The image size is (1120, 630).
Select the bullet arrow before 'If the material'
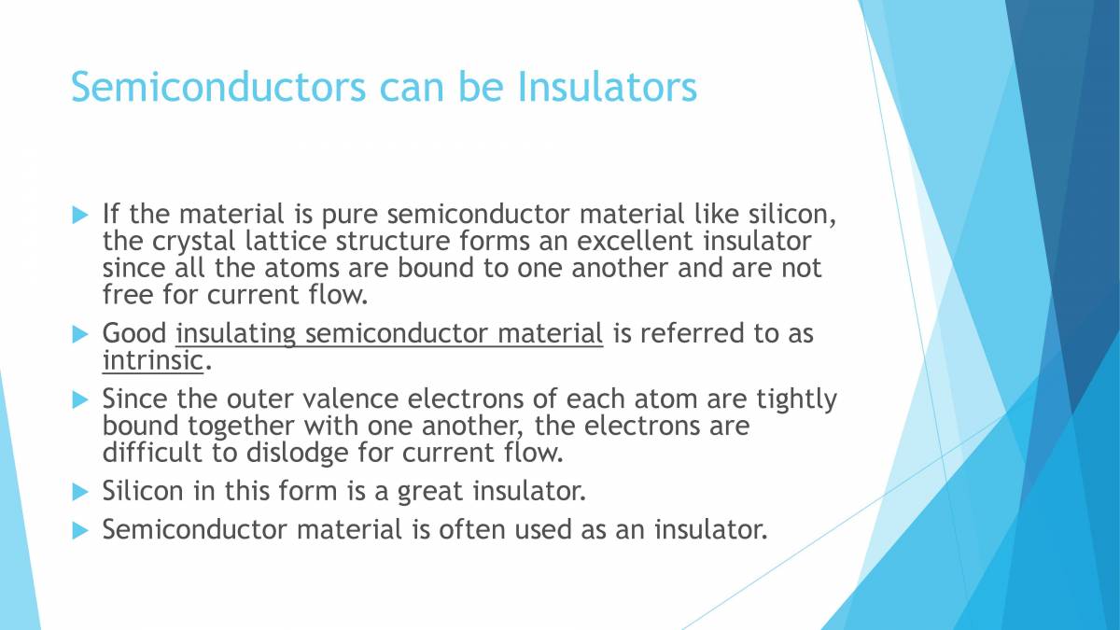[79, 214]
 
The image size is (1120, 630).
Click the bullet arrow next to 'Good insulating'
[79, 333]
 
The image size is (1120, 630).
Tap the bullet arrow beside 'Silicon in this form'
[79, 490]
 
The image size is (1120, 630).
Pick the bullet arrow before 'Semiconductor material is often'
[79, 530]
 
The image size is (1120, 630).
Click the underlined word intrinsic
[151, 360]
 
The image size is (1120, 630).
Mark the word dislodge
[290, 454]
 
